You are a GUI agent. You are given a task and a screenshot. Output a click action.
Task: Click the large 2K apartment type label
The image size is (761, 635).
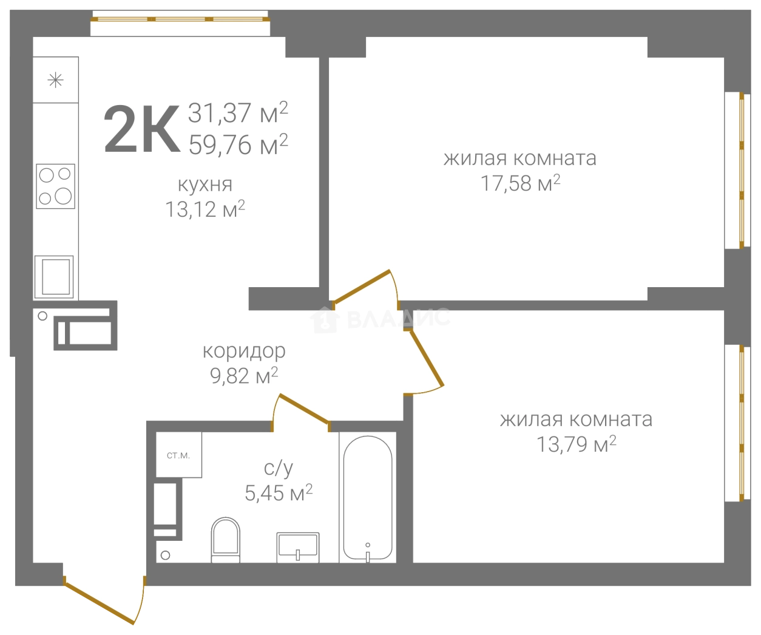click(x=142, y=129)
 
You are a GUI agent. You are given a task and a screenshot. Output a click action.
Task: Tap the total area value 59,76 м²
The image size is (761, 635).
click(x=238, y=144)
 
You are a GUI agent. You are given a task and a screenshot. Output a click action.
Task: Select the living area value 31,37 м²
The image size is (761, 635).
click(x=238, y=112)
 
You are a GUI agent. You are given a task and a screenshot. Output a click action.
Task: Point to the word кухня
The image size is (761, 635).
click(x=205, y=185)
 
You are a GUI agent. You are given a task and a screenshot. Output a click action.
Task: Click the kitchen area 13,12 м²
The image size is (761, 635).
click(x=205, y=209)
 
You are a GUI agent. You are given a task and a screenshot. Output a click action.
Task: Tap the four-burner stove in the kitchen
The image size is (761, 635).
click(x=55, y=186)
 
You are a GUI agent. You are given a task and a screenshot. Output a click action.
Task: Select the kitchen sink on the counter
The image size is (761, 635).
click(x=54, y=277)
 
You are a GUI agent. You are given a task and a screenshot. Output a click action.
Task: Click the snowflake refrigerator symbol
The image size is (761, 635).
click(x=55, y=80)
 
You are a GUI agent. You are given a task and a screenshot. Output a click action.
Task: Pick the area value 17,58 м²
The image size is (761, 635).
click(x=521, y=183)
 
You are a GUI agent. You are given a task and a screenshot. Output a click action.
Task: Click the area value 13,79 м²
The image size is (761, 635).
click(x=577, y=444)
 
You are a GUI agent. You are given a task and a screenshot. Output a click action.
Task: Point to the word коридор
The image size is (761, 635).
click(x=244, y=351)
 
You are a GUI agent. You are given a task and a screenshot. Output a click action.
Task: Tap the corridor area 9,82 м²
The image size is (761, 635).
click(x=244, y=376)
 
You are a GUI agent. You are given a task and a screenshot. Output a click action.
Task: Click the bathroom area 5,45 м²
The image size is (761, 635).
click(x=279, y=493)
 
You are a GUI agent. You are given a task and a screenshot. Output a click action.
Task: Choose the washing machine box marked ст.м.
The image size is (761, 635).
click(x=178, y=455)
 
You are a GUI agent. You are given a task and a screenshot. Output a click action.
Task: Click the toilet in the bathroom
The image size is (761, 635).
click(x=226, y=540)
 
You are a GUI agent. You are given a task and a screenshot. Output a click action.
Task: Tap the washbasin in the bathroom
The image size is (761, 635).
click(x=298, y=548)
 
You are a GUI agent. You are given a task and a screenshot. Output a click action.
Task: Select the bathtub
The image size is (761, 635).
click(x=368, y=497)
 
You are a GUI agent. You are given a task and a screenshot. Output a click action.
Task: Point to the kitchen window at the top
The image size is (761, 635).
click(x=180, y=19)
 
